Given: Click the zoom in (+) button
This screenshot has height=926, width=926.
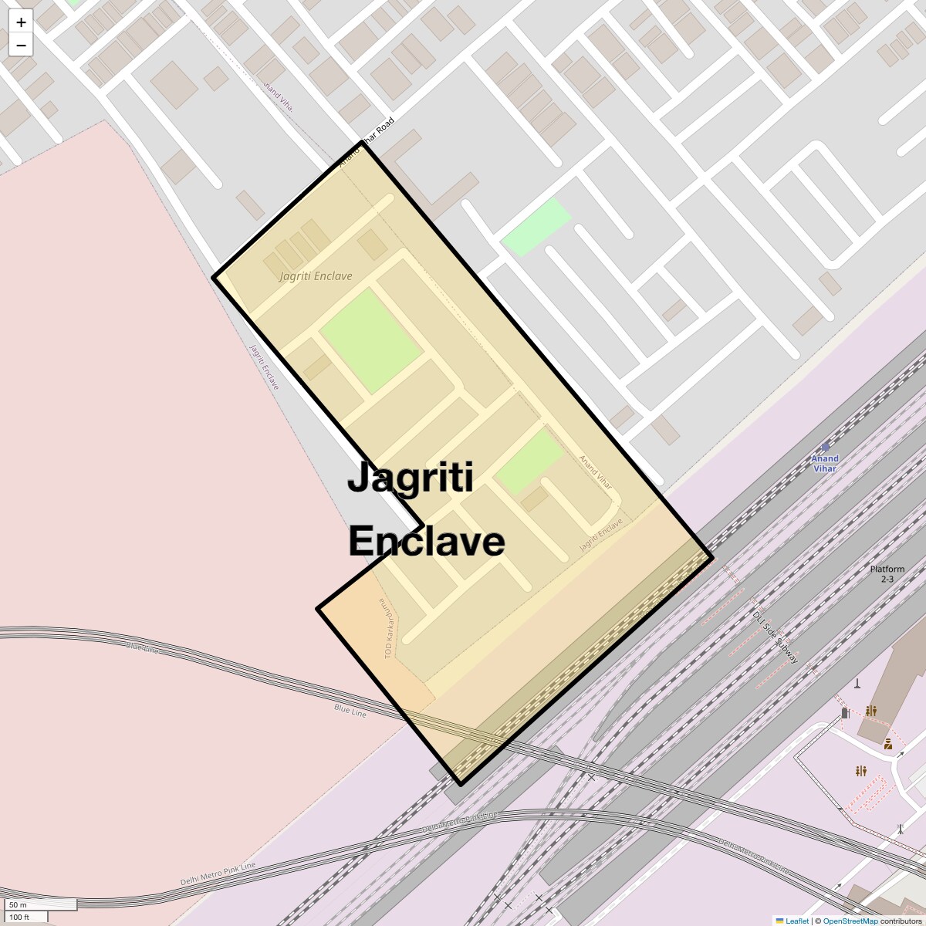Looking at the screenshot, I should [x=21, y=22].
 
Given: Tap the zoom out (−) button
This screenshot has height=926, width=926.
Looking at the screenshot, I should [x=21, y=46].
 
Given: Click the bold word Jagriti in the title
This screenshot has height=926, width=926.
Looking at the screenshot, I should [x=410, y=478].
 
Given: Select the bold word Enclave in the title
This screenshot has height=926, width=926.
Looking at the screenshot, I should [x=426, y=541].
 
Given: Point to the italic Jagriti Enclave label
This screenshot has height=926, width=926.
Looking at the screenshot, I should [x=316, y=276].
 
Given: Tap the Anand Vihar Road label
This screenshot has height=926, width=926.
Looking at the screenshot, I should [x=367, y=143].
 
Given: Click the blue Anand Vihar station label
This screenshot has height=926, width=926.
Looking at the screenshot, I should [x=824, y=464].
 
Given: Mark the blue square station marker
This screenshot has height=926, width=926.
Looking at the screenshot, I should [x=826, y=447].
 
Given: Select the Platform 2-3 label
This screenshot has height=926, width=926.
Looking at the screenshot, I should [x=887, y=574].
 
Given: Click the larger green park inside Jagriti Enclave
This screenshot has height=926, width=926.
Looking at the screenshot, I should [x=370, y=340].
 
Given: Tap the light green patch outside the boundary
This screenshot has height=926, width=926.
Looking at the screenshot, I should [x=536, y=226].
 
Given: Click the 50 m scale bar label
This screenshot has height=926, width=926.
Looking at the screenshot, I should [x=19, y=904].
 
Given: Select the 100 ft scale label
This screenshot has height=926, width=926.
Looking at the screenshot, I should [x=19, y=917].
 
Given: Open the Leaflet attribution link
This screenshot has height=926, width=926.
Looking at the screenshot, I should [x=796, y=921].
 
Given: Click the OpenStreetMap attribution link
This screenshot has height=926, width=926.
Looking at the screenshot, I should [x=850, y=921].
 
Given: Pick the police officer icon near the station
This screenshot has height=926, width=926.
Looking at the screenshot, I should [x=888, y=744].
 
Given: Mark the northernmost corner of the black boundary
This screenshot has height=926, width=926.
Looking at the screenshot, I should [x=361, y=144].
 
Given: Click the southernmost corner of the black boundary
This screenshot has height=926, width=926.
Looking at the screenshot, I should [x=461, y=784].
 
